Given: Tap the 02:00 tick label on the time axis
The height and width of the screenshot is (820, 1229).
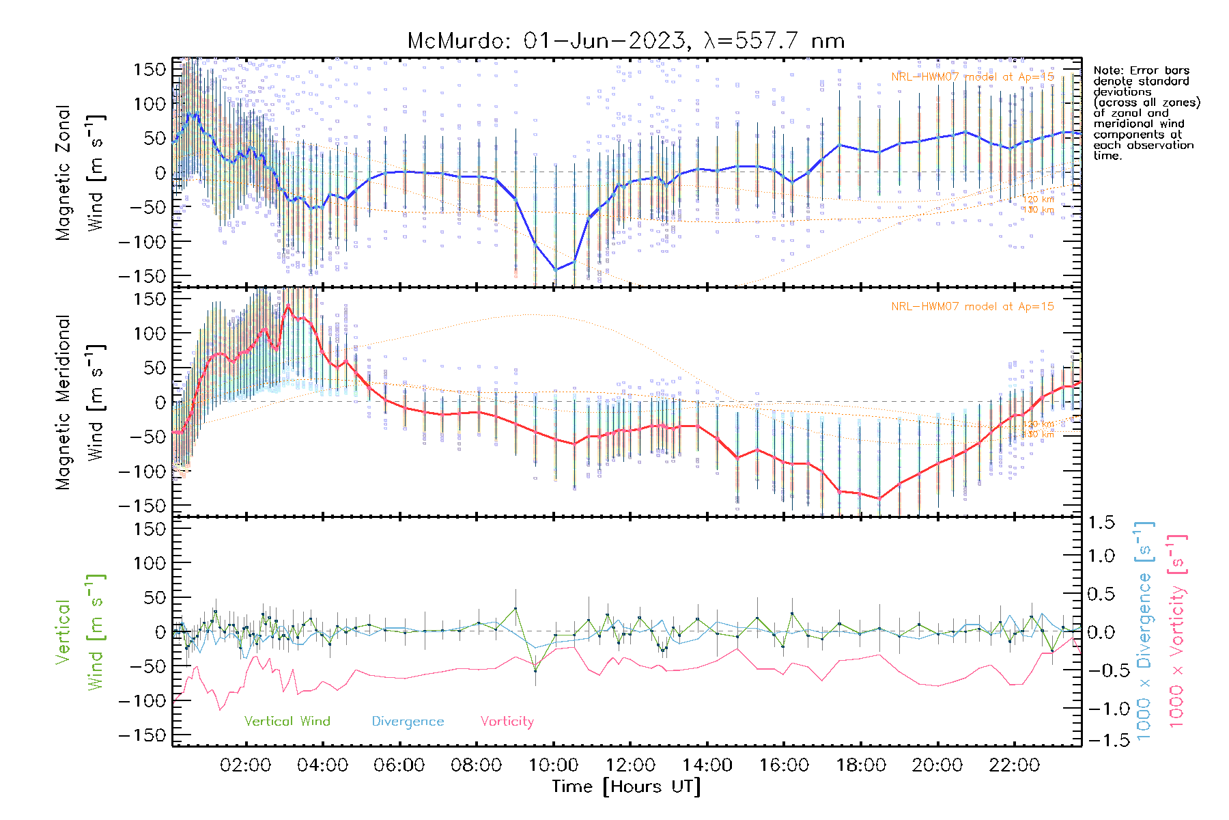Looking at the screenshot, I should click(x=245, y=765).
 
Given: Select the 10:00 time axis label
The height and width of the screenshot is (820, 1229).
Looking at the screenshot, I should click(x=553, y=765).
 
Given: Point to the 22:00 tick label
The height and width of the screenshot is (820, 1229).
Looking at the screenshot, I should click(x=1014, y=765).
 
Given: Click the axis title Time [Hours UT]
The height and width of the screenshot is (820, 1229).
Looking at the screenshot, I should click(x=626, y=787).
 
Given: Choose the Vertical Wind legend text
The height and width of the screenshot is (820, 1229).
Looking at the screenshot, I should click(x=287, y=721).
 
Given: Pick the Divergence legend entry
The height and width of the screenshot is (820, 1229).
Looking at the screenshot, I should click(x=408, y=721).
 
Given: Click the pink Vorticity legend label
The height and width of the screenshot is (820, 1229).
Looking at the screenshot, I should click(x=507, y=721).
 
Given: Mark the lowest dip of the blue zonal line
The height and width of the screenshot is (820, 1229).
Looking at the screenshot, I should click(x=555, y=270).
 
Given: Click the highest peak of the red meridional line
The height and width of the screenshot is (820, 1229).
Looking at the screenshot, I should click(x=289, y=305).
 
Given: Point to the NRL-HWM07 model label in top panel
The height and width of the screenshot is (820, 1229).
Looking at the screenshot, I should click(x=972, y=77).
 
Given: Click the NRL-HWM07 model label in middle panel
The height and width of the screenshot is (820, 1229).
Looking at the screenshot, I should click(x=972, y=306).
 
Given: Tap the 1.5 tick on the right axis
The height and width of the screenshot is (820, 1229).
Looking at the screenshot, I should click(x=1101, y=523).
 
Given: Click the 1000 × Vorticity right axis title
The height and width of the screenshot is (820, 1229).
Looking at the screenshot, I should click(x=1176, y=631).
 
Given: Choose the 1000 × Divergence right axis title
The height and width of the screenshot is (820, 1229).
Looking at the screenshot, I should click(x=1144, y=631).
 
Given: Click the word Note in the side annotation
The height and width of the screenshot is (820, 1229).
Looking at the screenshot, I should click(x=1106, y=70).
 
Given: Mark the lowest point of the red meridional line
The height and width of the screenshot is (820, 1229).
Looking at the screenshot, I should click(x=879, y=499).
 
